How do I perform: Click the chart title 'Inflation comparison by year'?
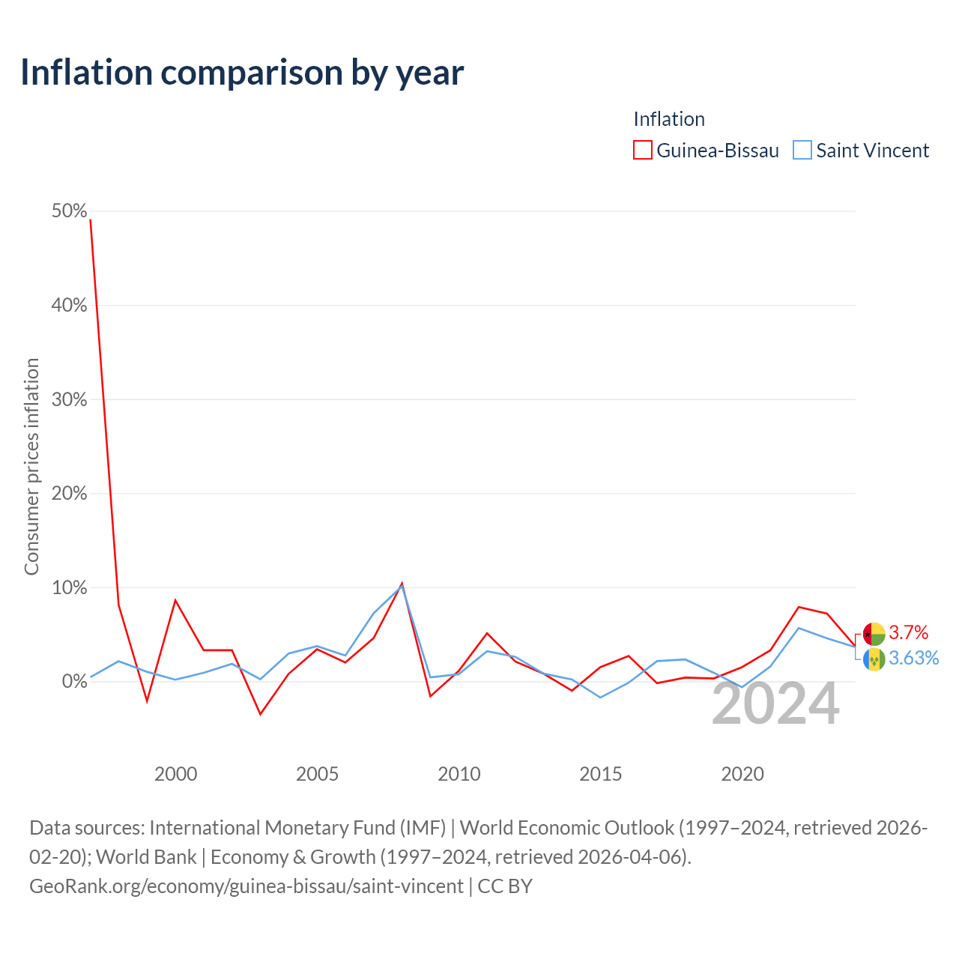pos(242,73)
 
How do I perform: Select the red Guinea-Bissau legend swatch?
pos(642,150)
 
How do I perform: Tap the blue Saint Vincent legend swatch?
pos(802,150)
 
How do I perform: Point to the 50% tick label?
pos(69,211)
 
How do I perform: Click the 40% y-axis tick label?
pos(69,305)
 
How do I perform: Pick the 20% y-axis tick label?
pos(69,493)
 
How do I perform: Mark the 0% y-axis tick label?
pos(74,681)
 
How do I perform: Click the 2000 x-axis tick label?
pos(175,774)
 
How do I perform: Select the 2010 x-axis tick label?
pos(459,774)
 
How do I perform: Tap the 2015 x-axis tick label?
pos(600,774)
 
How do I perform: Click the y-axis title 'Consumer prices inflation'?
pos(31,466)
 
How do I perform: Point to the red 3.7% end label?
pos(908,632)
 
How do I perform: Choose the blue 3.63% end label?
pos(914,658)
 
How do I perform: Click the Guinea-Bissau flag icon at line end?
pos(874,634)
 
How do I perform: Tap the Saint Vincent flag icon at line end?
pos(874,659)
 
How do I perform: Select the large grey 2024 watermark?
pos(776,704)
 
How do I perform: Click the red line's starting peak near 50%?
pos(90,220)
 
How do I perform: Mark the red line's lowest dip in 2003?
pos(260,714)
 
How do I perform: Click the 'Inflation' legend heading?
pos(669,119)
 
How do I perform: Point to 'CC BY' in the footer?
pos(505,886)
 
